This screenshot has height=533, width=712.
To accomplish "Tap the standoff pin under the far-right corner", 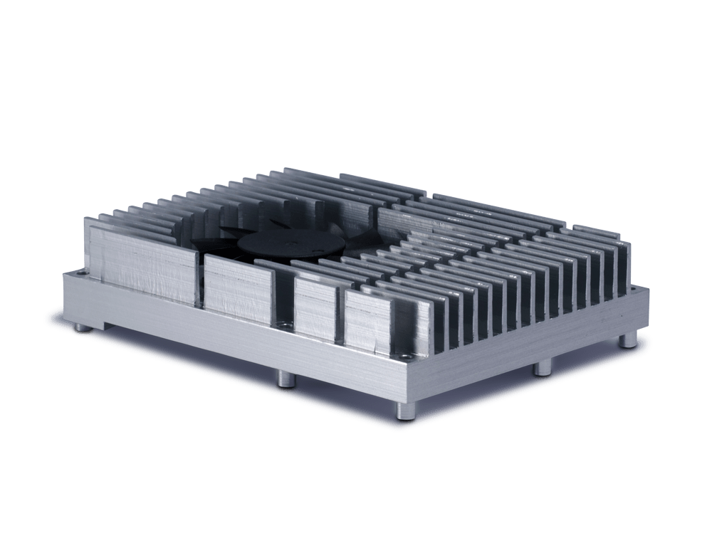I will click(627, 340).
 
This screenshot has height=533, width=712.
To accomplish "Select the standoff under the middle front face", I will click(283, 377).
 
